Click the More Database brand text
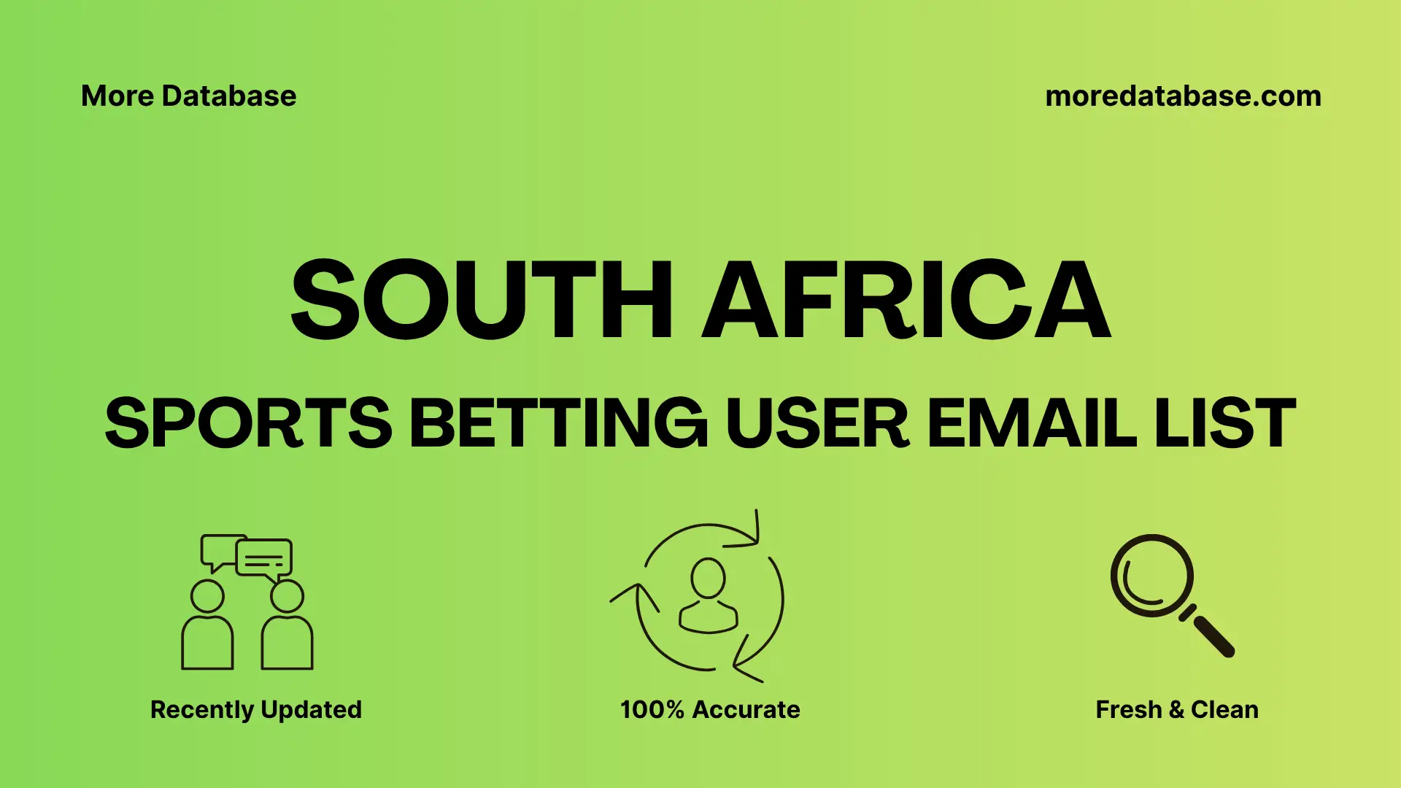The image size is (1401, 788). [x=188, y=96]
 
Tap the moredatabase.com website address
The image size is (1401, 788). [x=1183, y=96]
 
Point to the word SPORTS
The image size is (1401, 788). [x=248, y=423]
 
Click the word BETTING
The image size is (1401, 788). [x=558, y=423]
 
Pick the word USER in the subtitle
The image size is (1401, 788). [x=817, y=423]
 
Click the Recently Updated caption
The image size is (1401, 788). [x=255, y=709]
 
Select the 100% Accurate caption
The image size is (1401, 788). [x=710, y=709]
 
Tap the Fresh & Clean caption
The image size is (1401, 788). [x=1176, y=709]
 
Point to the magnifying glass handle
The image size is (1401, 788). [x=1213, y=636]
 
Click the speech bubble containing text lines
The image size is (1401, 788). [x=264, y=559]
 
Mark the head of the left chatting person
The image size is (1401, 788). [x=207, y=596]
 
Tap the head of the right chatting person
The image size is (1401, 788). [x=287, y=596]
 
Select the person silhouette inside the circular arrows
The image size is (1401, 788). [x=708, y=595]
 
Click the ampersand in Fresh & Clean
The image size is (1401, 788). [x=1176, y=709]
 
